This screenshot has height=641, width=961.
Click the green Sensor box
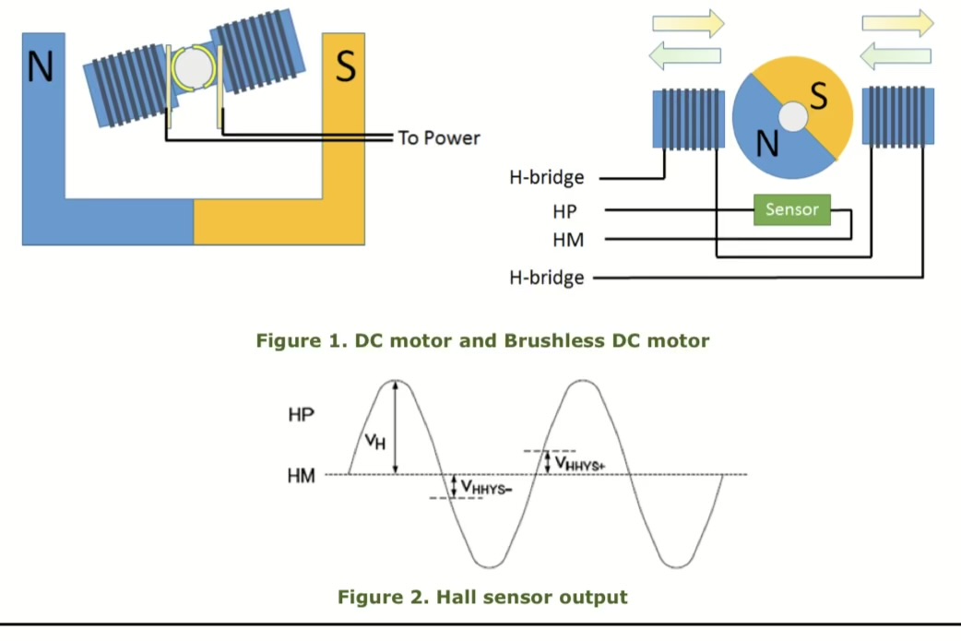[x=791, y=209]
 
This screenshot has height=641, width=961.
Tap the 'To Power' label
[x=439, y=138]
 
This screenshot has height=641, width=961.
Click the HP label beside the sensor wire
[x=564, y=211]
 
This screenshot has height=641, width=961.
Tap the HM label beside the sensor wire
[x=566, y=240]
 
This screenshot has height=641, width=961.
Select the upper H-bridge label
[x=547, y=177]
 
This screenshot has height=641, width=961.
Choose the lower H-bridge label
[x=547, y=277]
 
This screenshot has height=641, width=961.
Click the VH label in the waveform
[x=374, y=441]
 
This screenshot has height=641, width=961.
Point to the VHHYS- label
[x=487, y=486]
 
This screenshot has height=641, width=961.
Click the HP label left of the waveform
[x=301, y=415]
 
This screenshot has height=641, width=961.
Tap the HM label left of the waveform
[x=302, y=476]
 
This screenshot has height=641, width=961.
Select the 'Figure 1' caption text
[x=482, y=340]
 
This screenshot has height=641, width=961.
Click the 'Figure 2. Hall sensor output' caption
[x=482, y=597]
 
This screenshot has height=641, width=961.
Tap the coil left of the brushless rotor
[x=688, y=117]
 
